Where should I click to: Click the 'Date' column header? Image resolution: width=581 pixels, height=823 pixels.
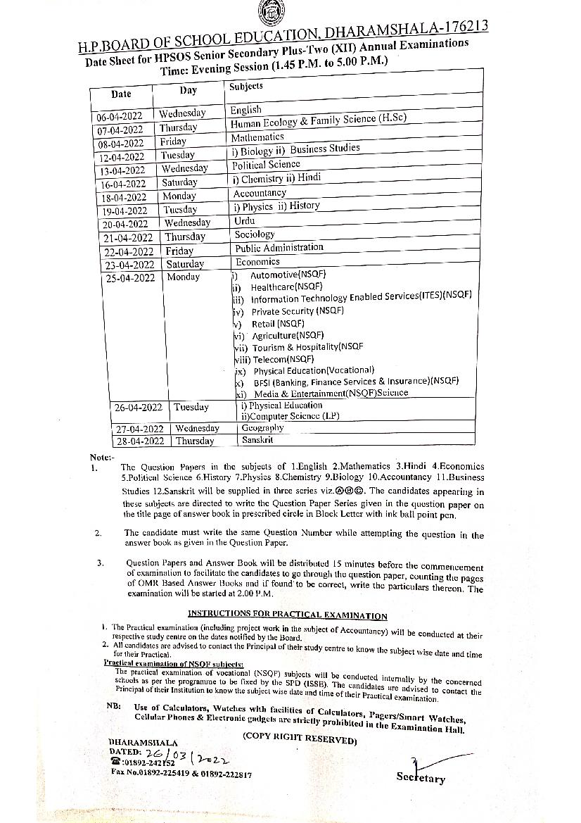point(121,94)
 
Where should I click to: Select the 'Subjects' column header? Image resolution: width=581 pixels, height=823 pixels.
point(245,86)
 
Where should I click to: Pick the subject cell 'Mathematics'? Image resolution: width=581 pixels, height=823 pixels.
point(257,137)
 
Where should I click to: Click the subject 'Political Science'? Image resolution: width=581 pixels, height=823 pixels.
point(267,165)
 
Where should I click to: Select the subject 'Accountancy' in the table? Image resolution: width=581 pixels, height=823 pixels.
point(260,193)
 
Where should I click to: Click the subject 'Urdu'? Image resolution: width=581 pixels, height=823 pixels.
point(245,220)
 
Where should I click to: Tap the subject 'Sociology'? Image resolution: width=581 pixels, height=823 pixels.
point(255,234)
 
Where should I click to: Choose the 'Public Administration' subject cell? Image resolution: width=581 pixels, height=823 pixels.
point(279,248)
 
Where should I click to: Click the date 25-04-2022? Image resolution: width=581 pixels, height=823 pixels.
point(130,278)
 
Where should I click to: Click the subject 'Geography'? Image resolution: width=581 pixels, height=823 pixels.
point(262,428)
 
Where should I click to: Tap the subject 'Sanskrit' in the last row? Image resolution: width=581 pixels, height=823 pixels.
point(257,440)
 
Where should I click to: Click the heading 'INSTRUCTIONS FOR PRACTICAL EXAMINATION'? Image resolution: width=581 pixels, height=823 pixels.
point(287,616)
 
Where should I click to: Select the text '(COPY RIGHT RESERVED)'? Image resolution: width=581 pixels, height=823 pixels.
point(300,739)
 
